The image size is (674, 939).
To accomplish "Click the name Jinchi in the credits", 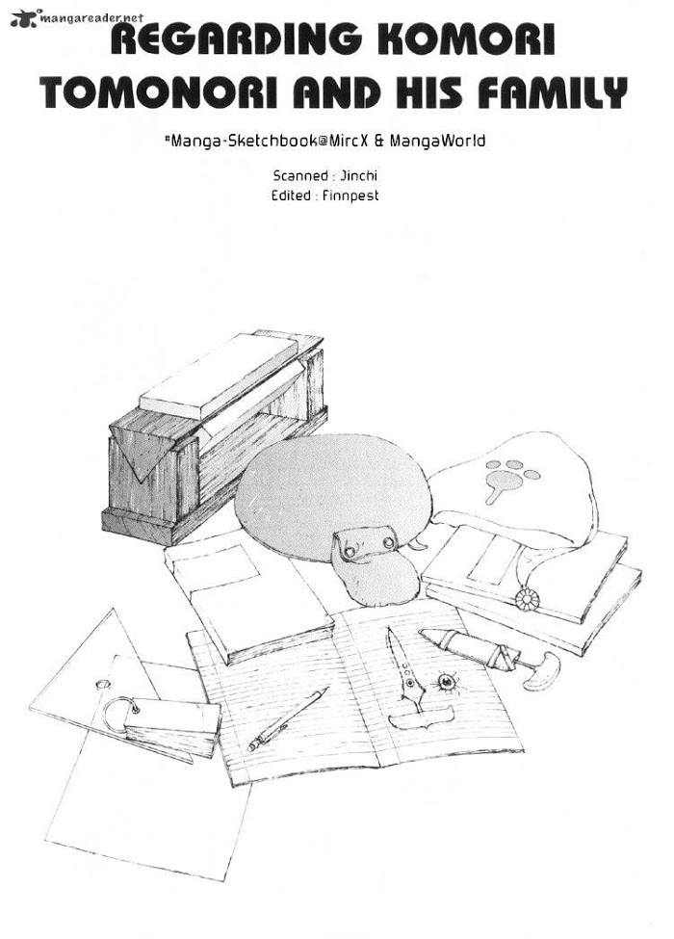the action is pyautogui.click(x=359, y=176).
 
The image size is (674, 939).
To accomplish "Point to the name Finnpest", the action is pyautogui.click(x=350, y=196).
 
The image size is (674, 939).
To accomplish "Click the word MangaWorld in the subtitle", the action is pyautogui.click(x=437, y=142).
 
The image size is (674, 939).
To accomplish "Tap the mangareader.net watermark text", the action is pyautogui.click(x=91, y=18).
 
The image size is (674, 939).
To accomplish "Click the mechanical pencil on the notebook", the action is pyautogui.click(x=287, y=718).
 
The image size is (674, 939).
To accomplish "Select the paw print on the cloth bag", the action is pyautogui.click(x=508, y=478).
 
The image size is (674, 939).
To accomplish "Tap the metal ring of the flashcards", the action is pyautogui.click(x=119, y=714).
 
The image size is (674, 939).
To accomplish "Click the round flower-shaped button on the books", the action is pyautogui.click(x=528, y=599).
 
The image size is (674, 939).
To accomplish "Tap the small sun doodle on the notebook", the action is pyautogui.click(x=447, y=681).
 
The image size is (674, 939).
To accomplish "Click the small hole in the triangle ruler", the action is pyautogui.click(x=103, y=683).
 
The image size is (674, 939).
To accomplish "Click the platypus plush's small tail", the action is pyautogui.click(x=419, y=544).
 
